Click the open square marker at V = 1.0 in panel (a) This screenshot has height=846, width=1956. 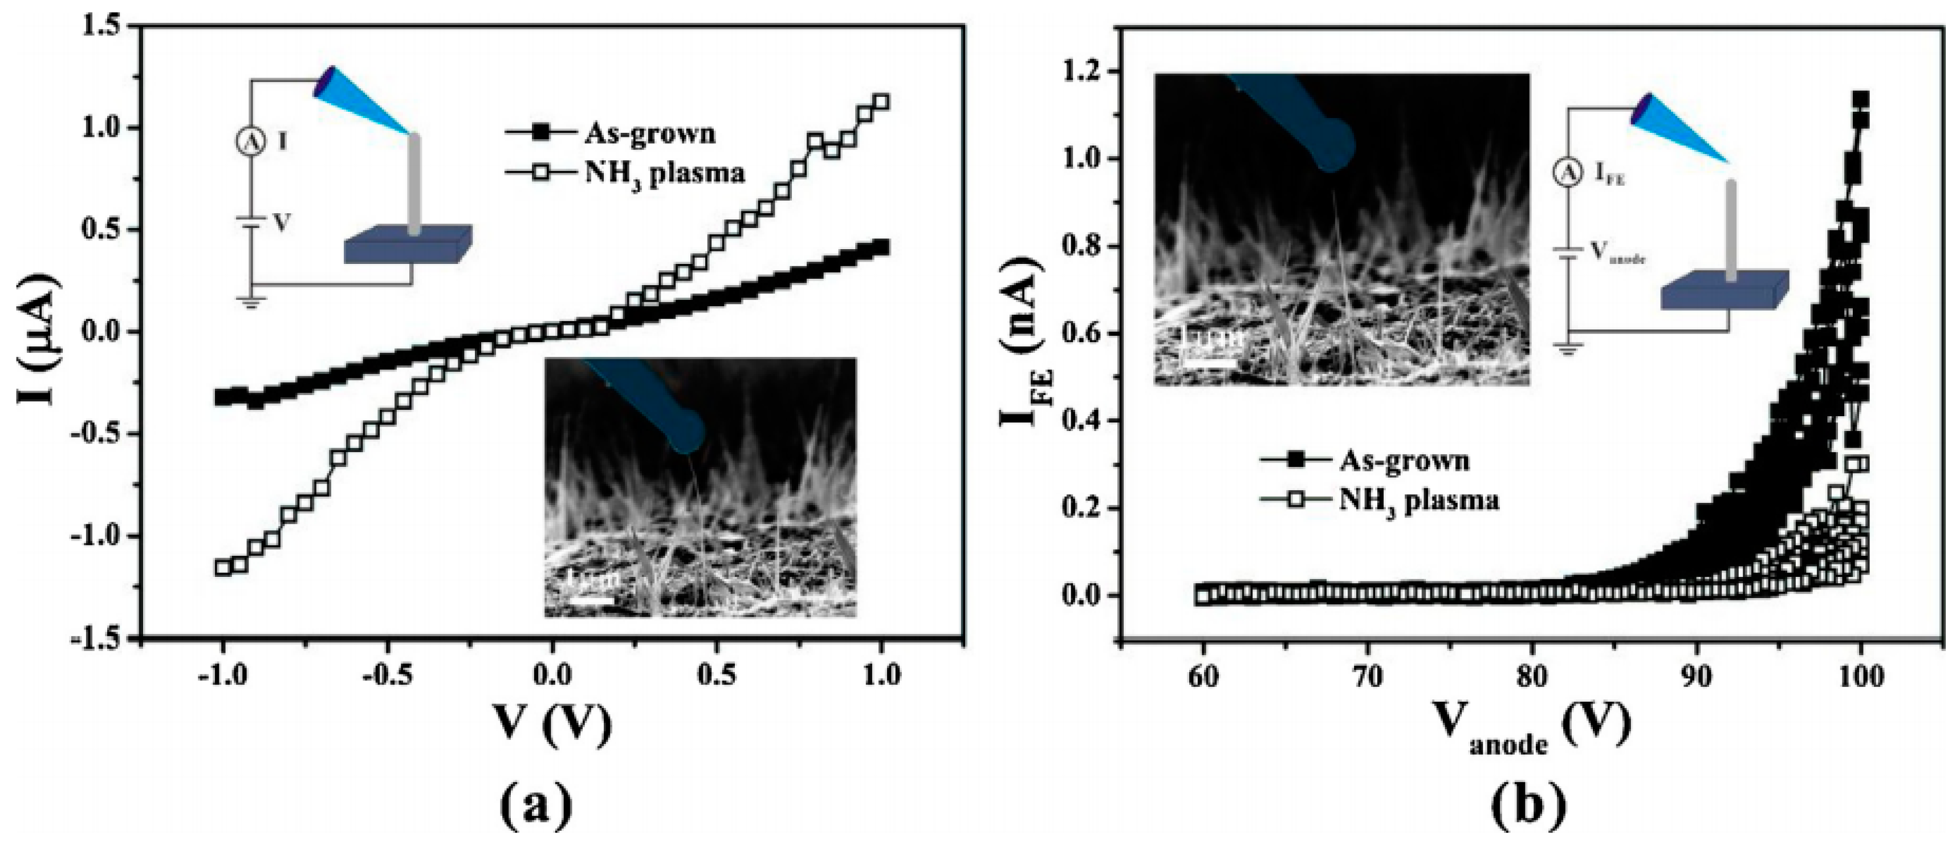881,102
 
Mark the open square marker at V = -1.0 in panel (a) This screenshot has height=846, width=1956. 222,567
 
